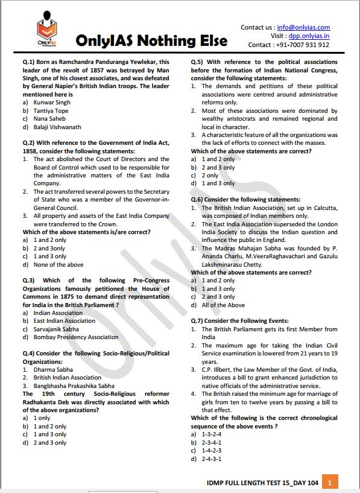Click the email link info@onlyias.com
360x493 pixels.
pos(303,27)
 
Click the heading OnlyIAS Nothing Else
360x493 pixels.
pos(151,41)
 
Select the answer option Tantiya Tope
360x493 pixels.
pos(51,111)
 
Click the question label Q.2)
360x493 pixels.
pos(31,143)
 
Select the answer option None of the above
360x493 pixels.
pos(58,264)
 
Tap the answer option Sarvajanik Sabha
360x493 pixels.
pos(56,329)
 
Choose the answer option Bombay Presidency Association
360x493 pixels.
pos(76,337)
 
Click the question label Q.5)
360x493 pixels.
pos(199,62)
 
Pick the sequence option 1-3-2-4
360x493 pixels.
pos(211,434)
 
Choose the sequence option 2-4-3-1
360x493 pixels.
pos(211,459)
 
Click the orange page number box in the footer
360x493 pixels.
pos(330,482)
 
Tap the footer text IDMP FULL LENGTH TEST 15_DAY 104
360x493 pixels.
pos(261,483)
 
